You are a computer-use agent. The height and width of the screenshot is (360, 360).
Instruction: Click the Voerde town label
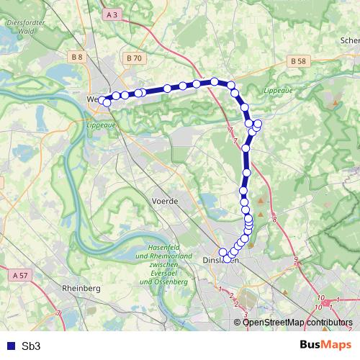(x=165, y=202)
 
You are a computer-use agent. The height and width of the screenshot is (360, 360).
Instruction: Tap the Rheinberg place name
(x=81, y=288)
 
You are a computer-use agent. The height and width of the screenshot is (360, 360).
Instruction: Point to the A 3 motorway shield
(x=112, y=14)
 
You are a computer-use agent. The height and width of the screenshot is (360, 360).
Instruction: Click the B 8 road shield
(x=77, y=55)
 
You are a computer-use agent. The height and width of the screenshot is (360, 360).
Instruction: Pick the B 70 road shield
(x=132, y=57)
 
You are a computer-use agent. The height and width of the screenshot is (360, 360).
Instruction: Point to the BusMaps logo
(x=321, y=346)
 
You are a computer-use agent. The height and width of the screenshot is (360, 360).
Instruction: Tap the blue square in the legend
(x=10, y=346)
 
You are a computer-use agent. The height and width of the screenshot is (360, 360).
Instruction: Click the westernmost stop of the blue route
(x=102, y=100)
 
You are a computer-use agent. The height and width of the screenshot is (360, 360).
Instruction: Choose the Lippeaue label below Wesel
(x=100, y=125)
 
